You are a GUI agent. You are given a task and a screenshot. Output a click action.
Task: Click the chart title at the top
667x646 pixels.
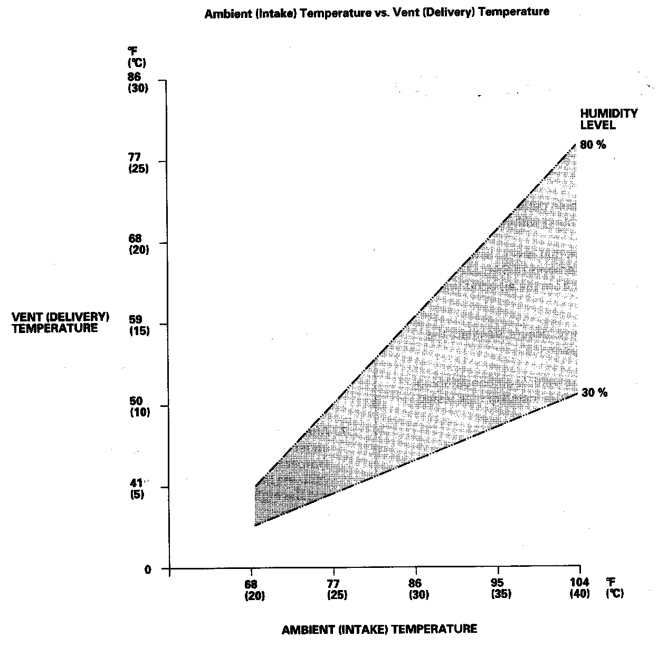(x=377, y=12)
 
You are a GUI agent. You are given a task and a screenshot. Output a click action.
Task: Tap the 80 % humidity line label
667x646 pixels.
(x=593, y=145)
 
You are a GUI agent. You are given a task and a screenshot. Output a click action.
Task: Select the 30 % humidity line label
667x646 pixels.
(x=594, y=393)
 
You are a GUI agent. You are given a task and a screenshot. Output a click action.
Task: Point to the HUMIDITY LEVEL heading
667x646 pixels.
(x=608, y=119)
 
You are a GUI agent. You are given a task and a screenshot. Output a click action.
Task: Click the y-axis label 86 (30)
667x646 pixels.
(x=138, y=82)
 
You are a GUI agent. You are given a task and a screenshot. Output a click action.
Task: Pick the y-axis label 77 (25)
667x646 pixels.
(x=138, y=163)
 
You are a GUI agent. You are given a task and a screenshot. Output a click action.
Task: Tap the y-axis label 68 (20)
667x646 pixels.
(x=139, y=244)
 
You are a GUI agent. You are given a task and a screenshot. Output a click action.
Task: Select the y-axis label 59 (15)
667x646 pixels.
(x=139, y=326)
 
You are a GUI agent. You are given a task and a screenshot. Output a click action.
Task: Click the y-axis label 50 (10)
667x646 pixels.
(x=139, y=407)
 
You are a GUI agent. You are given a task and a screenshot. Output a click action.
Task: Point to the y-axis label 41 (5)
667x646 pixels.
(x=137, y=488)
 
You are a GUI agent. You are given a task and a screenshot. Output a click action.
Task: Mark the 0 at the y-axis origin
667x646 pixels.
(x=148, y=569)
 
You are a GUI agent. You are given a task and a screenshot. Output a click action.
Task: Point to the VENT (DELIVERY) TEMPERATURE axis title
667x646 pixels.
(x=60, y=322)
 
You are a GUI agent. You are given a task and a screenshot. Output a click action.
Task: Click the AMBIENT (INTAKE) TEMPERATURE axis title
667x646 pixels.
(x=379, y=629)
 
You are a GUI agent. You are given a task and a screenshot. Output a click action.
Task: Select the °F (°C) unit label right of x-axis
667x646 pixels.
(x=614, y=587)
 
